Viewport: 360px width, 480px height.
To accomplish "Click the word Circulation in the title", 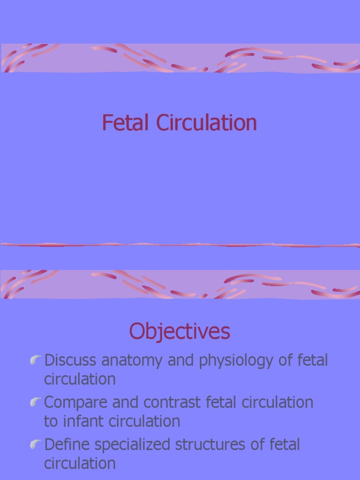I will [x=206, y=123].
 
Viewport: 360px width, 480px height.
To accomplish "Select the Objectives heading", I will [x=180, y=332].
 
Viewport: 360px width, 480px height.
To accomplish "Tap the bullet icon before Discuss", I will [x=35, y=360].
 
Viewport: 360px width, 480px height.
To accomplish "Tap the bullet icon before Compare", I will [x=35, y=402].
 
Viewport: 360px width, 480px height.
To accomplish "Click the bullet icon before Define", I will [x=35, y=444].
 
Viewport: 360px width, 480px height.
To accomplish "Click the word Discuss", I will [x=70, y=360].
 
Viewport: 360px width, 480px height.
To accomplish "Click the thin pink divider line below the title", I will [x=180, y=245].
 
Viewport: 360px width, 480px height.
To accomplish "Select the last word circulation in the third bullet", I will [x=80, y=463].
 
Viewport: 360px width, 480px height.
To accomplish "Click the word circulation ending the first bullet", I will [x=80, y=379].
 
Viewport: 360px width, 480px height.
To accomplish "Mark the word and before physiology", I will [x=180, y=360].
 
